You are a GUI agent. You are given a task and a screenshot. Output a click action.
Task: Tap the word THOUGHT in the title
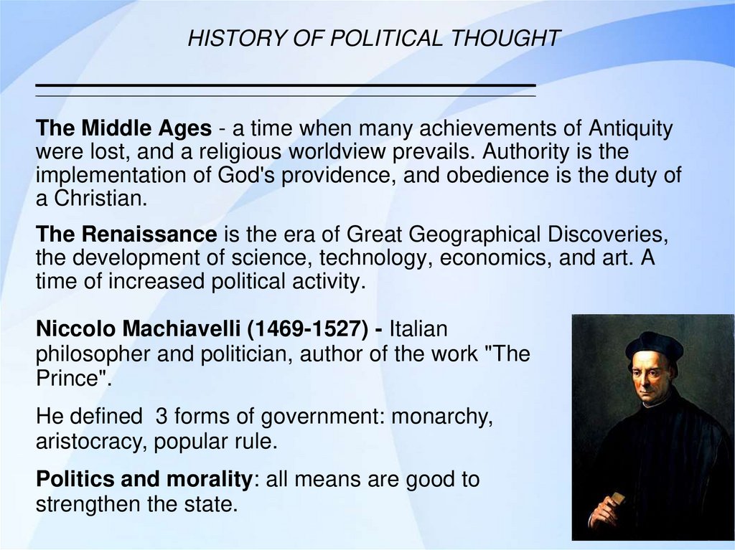tap(505, 39)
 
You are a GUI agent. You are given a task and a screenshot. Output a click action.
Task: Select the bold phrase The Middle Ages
tap(124, 129)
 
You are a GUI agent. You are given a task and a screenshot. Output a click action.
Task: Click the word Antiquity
tap(631, 129)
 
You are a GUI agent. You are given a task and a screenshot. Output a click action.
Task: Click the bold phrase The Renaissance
tap(126, 234)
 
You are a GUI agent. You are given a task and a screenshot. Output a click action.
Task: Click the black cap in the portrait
tap(654, 344)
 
